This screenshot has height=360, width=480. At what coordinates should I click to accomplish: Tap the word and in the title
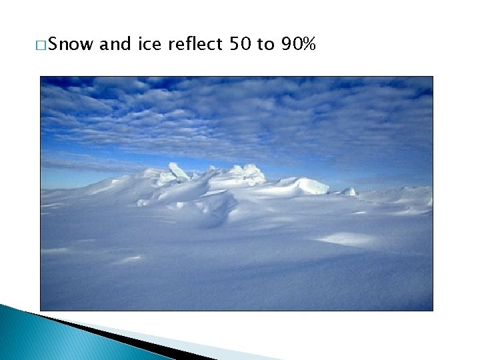tap(117, 45)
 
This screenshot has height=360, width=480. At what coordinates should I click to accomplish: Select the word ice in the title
tap(150, 45)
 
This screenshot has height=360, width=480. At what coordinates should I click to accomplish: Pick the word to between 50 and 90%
tap(265, 45)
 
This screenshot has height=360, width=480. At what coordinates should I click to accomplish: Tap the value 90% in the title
tap(298, 45)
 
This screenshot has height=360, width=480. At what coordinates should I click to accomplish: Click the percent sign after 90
tap(309, 45)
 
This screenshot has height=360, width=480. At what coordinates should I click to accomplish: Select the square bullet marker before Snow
tap(43, 46)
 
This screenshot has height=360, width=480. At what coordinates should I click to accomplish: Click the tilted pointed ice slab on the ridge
tap(178, 171)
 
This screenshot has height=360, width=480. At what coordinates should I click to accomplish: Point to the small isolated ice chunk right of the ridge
tap(349, 191)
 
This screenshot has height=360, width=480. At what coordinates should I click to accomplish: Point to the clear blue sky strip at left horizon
tap(67, 179)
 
